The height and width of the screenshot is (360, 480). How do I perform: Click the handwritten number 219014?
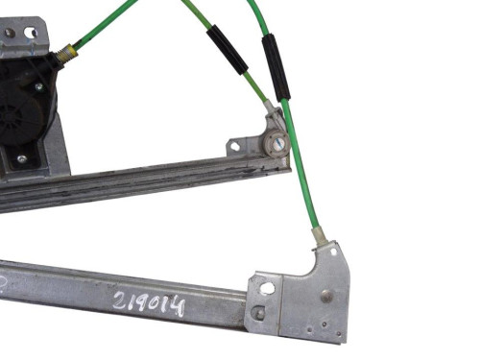[149, 303]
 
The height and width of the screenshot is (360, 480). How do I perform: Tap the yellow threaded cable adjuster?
[68, 52]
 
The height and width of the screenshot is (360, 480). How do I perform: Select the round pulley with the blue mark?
[276, 143]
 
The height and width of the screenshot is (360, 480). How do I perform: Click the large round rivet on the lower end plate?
[326, 295]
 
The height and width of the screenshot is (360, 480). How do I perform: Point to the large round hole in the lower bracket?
[267, 288]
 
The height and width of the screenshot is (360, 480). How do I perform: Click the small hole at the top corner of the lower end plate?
[333, 252]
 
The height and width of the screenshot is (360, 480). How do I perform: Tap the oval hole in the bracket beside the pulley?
[235, 146]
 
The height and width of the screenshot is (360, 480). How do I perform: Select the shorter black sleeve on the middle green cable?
[228, 50]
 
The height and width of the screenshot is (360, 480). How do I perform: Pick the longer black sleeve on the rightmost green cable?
[276, 66]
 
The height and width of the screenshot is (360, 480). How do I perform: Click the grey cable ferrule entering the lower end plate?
[319, 236]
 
